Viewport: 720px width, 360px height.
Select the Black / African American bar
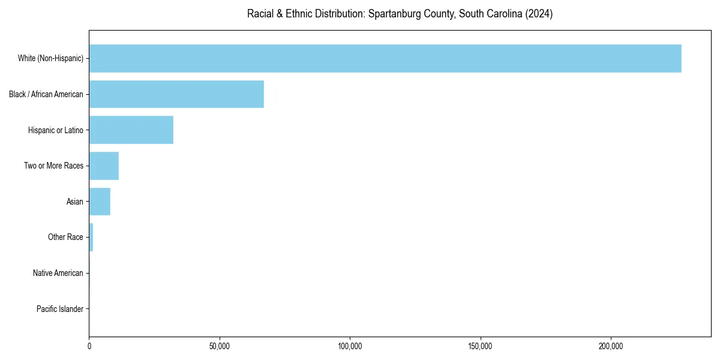176,94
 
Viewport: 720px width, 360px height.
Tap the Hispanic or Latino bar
131,130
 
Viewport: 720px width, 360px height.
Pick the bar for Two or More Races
104,166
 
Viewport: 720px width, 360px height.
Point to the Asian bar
100,202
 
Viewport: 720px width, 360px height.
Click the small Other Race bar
91,238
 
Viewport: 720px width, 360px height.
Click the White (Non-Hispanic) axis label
50,58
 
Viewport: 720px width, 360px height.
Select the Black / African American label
46,94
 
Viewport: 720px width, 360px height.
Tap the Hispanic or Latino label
56,130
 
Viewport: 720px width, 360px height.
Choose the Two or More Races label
54,166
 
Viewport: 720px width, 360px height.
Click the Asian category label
75,202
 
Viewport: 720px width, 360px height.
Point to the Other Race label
65,238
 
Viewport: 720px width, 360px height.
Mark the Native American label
58,273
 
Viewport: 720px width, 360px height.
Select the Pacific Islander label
60,309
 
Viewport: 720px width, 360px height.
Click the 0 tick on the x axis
89,346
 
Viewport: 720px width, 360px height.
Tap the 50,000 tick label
220,346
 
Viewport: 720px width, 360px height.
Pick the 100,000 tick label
350,346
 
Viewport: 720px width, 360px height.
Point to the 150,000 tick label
481,346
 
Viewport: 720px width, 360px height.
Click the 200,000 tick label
611,346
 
